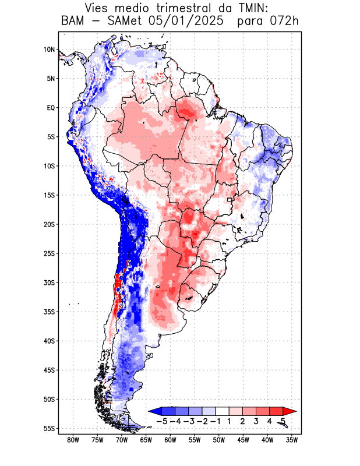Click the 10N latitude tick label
50,50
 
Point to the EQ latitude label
50,108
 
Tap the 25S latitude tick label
48,253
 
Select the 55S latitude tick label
48,428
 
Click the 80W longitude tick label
73,440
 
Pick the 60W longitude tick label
170,440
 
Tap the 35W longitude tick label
291,440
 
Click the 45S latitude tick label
48,370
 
